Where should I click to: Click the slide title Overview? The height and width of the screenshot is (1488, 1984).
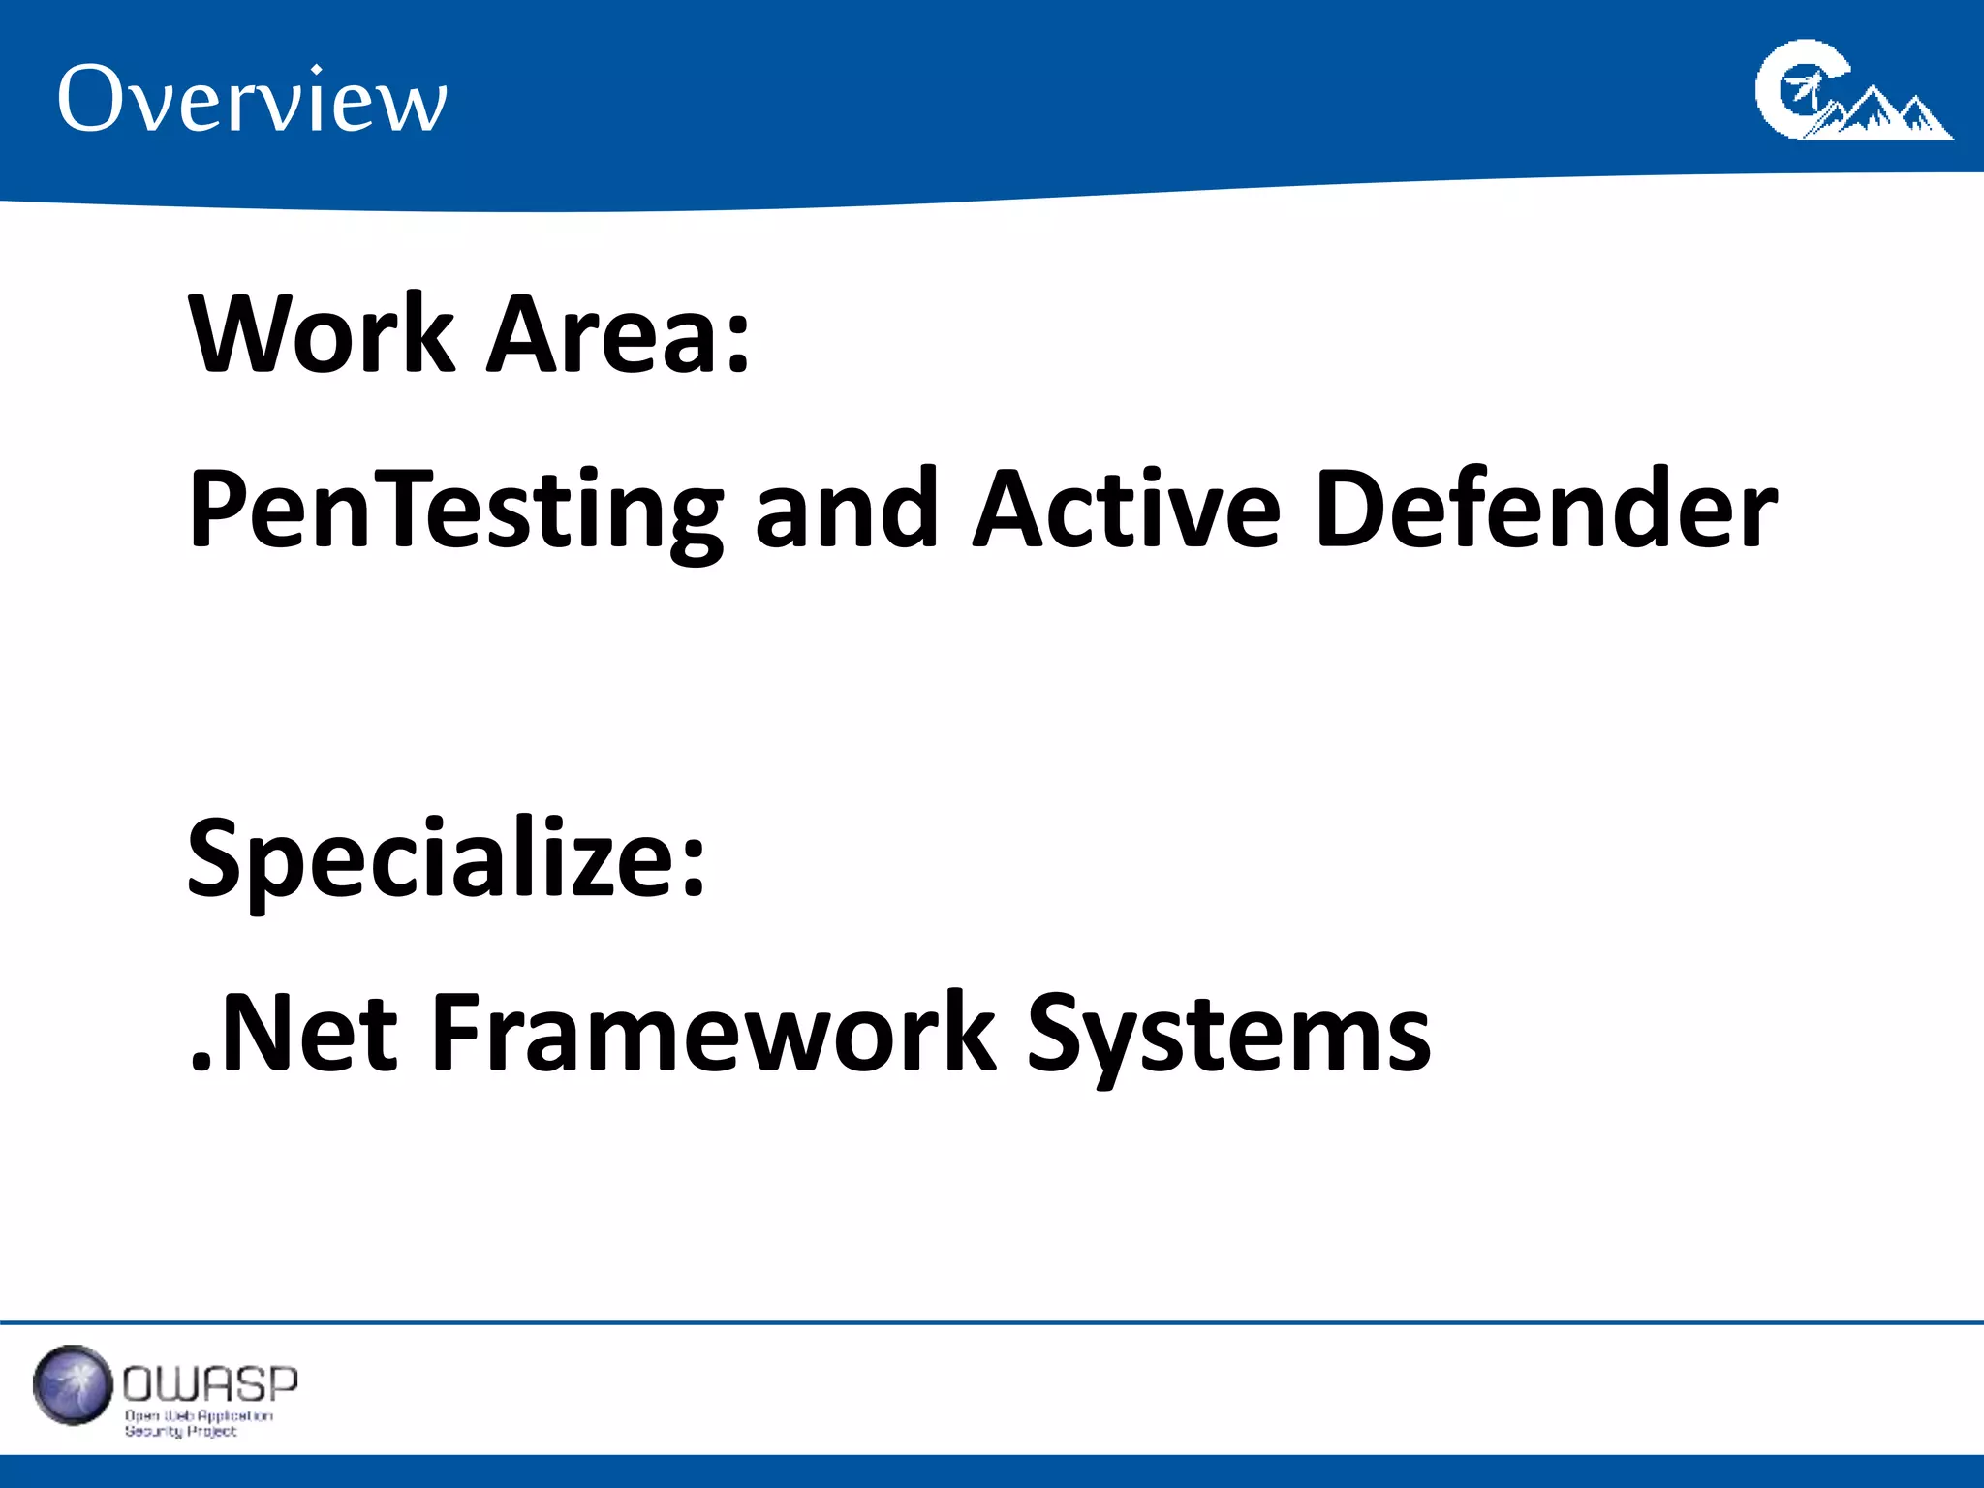click(x=252, y=99)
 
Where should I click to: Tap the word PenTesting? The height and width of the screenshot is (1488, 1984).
click(x=455, y=511)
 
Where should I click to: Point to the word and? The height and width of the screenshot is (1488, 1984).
click(x=846, y=511)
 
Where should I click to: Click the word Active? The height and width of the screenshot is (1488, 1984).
click(x=1127, y=511)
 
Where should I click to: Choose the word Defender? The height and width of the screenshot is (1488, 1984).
click(x=1546, y=511)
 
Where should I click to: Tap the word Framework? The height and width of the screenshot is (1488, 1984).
click(x=713, y=1034)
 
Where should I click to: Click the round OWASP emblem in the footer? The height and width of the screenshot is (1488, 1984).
click(x=73, y=1385)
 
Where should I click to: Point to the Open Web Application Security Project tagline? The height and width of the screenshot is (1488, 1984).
click(x=198, y=1423)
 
